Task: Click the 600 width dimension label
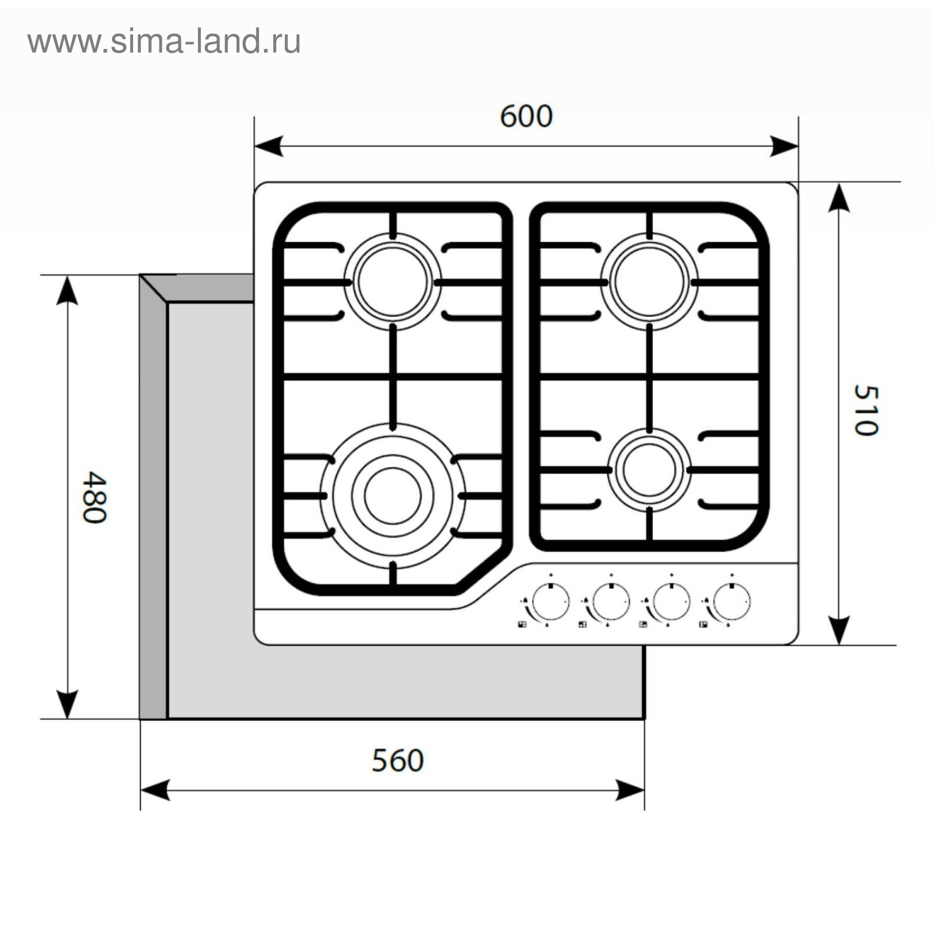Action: (526, 116)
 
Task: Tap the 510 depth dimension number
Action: (865, 410)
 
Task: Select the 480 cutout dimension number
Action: (94, 497)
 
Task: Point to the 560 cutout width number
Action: (398, 761)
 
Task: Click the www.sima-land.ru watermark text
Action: (164, 42)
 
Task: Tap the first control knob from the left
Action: (550, 601)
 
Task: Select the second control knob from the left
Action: (611, 601)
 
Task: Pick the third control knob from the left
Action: (671, 601)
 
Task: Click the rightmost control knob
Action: (731, 601)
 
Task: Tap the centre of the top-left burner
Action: (393, 281)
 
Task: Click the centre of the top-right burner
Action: (649, 281)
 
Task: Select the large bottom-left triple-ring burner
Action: (393, 496)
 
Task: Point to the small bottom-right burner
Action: (649, 471)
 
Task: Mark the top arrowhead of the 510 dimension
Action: (839, 197)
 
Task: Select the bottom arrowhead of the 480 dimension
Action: (68, 705)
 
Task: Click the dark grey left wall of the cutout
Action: (153, 508)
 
